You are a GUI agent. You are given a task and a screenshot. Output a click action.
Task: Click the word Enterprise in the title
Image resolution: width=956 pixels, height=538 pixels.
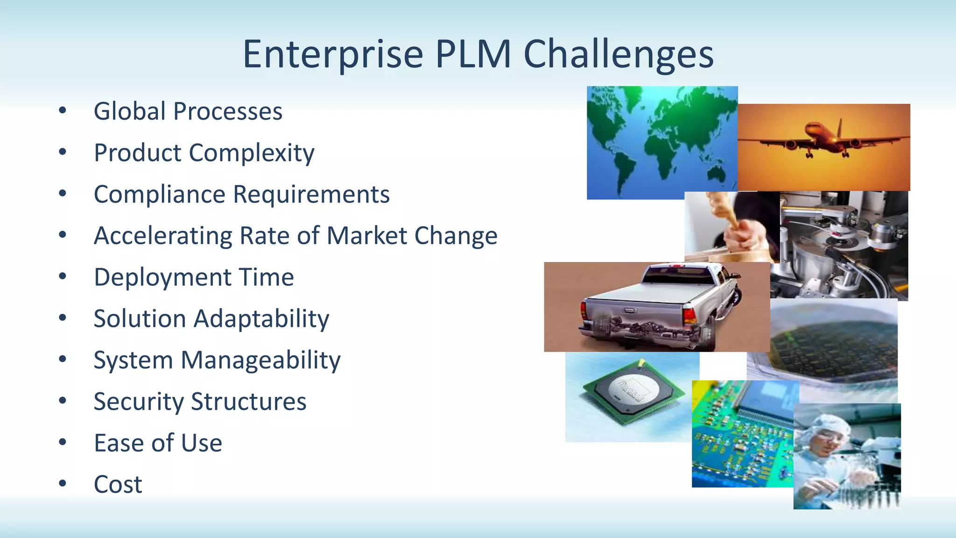tap(332, 55)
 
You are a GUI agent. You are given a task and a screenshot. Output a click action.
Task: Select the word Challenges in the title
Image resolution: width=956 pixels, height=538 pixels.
tap(619, 55)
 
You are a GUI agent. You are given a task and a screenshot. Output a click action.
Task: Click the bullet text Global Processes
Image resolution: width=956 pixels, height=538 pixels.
tap(188, 112)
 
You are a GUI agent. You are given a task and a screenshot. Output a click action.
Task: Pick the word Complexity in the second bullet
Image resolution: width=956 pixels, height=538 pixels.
tap(252, 153)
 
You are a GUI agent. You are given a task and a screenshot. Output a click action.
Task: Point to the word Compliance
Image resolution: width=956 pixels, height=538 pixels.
tap(159, 195)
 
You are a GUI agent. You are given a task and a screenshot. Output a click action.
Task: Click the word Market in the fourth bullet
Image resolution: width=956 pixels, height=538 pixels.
tap(367, 236)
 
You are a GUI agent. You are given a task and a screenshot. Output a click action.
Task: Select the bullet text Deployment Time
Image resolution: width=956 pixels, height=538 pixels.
tap(194, 277)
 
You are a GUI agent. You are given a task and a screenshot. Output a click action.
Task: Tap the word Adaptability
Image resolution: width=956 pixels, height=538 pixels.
tap(261, 319)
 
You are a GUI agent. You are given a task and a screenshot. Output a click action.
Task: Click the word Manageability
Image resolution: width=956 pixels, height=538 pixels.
tap(260, 361)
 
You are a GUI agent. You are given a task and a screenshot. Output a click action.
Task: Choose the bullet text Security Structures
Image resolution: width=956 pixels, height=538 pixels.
tap(200, 402)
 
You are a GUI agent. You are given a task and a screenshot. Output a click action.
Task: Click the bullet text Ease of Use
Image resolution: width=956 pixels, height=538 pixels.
tap(158, 443)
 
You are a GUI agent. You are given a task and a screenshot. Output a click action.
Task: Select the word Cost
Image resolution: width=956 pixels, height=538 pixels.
tap(118, 485)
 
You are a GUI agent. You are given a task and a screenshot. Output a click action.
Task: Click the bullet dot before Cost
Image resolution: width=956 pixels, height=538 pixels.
tap(63, 483)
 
